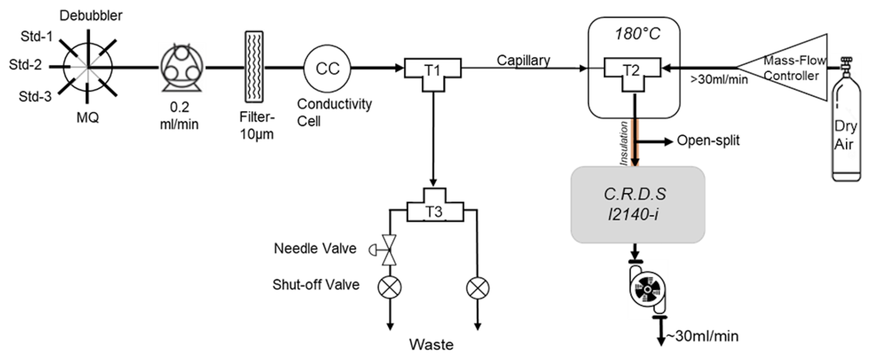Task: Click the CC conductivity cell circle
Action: [327, 69]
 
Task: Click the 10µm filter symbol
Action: [254, 67]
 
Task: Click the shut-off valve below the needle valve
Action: [389, 287]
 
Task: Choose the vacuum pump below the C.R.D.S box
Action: [647, 289]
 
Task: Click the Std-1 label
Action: [36, 36]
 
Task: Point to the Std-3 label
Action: [35, 97]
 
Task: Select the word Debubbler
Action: [91, 16]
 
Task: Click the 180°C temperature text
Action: [637, 34]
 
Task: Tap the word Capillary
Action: [523, 60]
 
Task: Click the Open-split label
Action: [708, 140]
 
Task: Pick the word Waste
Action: [431, 345]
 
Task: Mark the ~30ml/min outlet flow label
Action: [703, 337]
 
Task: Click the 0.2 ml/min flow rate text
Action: [179, 115]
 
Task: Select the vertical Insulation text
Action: [624, 143]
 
